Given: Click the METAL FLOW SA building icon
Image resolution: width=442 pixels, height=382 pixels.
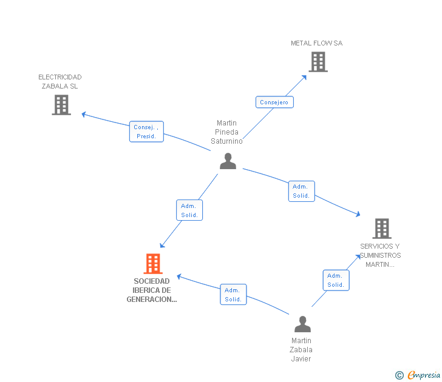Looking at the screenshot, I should [x=318, y=62].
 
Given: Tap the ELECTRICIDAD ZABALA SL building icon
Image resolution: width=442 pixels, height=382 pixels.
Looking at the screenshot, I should [x=61, y=105].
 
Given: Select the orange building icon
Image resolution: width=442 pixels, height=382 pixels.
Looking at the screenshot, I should [x=153, y=264].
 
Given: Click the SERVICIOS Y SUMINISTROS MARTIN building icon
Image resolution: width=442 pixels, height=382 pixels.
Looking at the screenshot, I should [x=381, y=229].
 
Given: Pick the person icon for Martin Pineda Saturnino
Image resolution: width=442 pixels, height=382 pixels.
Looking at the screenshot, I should [x=228, y=161].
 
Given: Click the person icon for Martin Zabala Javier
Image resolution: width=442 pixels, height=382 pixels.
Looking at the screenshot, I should [x=302, y=324].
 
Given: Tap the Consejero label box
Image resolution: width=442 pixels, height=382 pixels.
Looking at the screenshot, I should [x=274, y=102].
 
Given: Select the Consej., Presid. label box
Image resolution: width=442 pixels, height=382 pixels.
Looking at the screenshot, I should [x=146, y=132].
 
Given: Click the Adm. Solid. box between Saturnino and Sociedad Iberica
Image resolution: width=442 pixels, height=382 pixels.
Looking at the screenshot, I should [x=189, y=210].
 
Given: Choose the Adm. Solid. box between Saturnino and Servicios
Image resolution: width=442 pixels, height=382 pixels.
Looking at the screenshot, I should [x=301, y=191].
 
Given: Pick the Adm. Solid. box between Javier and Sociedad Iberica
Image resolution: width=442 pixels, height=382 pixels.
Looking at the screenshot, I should [x=233, y=295].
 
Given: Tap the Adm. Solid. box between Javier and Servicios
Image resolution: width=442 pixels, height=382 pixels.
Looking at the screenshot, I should [x=335, y=280].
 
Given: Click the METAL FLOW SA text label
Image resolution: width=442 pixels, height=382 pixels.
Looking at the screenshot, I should [x=316, y=43].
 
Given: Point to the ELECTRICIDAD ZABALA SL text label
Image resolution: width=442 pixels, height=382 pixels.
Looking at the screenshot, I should [x=60, y=81].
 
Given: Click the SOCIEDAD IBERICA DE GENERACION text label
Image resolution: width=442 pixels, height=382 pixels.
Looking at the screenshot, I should [x=152, y=290].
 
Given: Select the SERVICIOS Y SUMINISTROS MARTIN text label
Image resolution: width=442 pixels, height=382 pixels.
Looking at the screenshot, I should [x=380, y=255].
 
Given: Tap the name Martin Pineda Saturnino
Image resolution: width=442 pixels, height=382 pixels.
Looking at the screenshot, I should [x=226, y=132].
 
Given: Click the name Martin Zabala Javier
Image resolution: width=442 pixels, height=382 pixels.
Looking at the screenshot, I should [x=301, y=350].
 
